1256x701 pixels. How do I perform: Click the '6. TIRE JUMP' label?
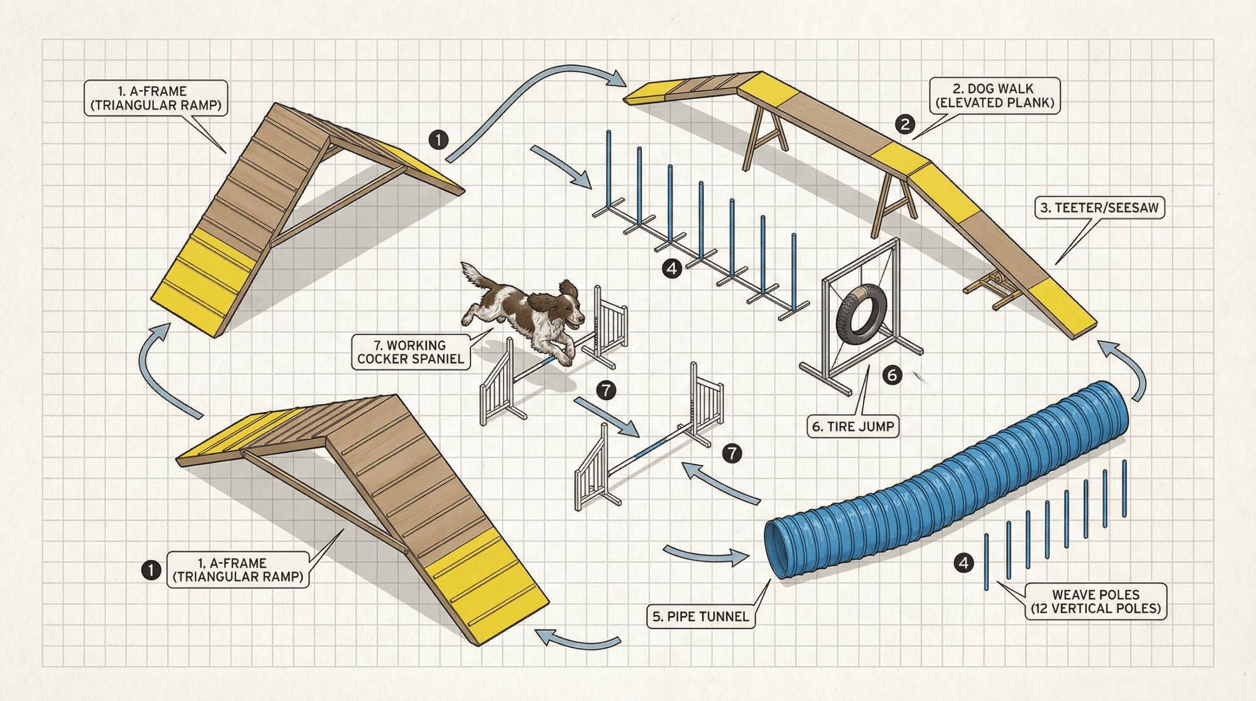[853, 426]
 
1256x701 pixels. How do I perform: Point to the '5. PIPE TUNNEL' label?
[701, 617]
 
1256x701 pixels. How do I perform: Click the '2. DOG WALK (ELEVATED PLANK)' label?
[995, 96]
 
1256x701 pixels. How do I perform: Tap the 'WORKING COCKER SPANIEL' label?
[411, 352]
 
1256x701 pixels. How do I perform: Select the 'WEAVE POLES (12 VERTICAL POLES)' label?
[1096, 601]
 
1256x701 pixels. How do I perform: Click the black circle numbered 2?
[905, 124]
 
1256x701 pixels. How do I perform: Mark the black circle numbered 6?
[892, 375]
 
